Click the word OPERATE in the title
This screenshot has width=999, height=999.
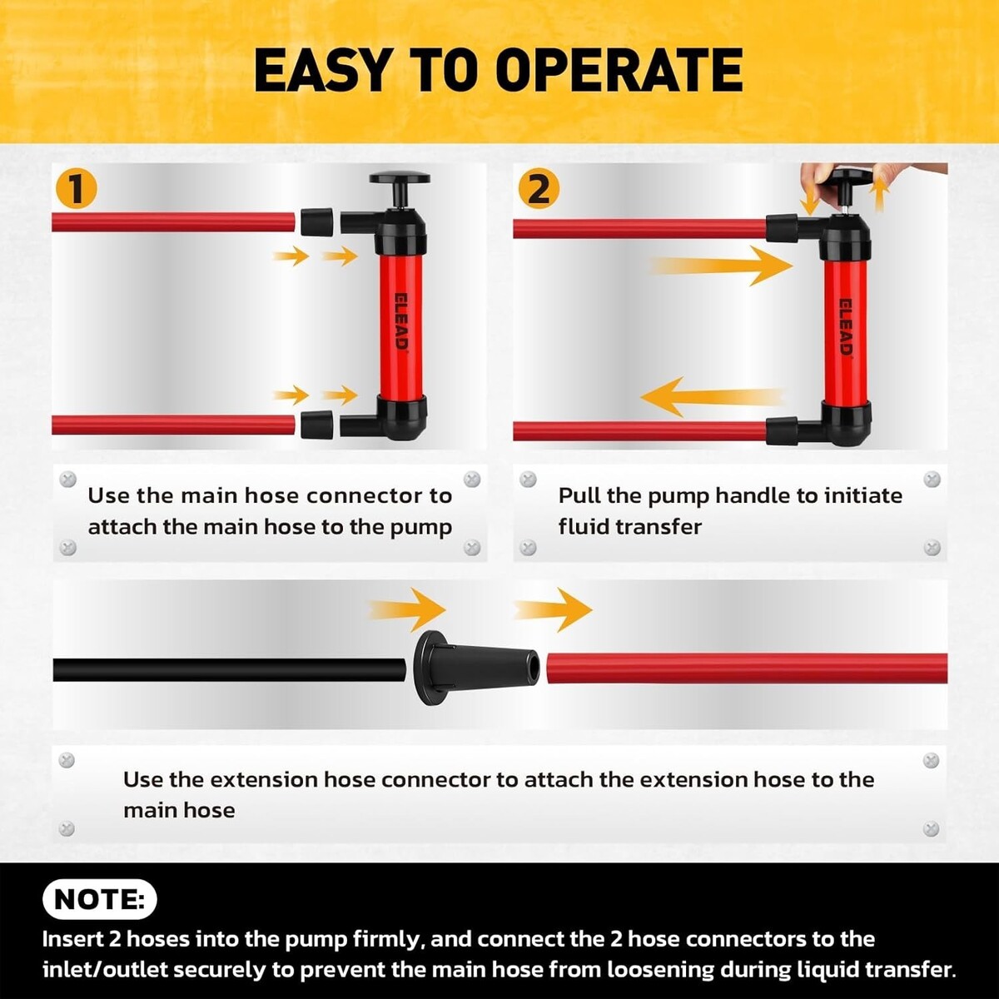pyautogui.click(x=619, y=71)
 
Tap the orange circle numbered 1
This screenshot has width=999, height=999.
pyautogui.click(x=77, y=189)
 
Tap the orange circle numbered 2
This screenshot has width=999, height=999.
pyautogui.click(x=539, y=189)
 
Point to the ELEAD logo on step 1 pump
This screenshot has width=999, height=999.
pyautogui.click(x=401, y=322)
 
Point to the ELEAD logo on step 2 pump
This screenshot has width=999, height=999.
pyautogui.click(x=846, y=327)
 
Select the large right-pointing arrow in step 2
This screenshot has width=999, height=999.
pyautogui.click(x=721, y=266)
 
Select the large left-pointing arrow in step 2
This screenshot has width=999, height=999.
pyautogui.click(x=713, y=397)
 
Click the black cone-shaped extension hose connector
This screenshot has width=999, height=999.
pyautogui.click(x=476, y=668)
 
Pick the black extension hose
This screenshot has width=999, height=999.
pyautogui.click(x=229, y=669)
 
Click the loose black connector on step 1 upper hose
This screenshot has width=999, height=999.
pyautogui.click(x=316, y=222)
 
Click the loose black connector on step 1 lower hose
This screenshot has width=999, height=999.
pyautogui.click(x=316, y=425)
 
